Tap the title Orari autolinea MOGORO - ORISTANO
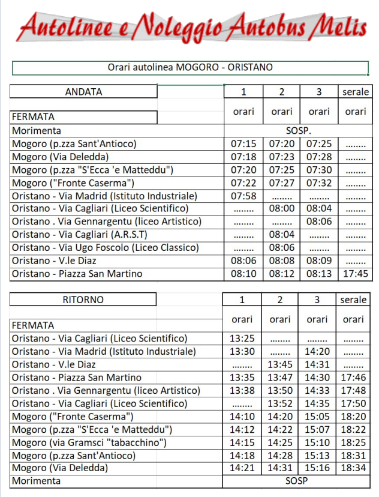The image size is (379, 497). tap(190, 67)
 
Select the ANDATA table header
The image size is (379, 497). tap(83, 92)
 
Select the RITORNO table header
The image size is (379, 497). tap(83, 300)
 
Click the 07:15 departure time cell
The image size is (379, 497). tap(243, 144)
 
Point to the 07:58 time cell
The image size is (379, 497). tap(243, 196)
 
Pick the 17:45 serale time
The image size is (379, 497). tap(356, 274)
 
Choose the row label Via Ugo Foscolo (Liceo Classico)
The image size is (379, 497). tap(113, 248)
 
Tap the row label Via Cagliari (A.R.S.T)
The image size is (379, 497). tap(80, 235)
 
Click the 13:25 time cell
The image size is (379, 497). tap(242, 339)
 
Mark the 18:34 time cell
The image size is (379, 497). tap(353, 468)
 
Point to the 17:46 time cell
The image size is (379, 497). tap(353, 378)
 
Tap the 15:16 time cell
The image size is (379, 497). tap(317, 468)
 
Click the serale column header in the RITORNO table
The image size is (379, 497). tap(353, 300)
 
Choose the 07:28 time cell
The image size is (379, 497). tap(318, 157)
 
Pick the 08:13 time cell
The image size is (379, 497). tap(318, 274)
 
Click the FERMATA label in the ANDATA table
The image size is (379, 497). tap(34, 117)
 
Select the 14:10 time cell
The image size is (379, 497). tap(242, 417)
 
